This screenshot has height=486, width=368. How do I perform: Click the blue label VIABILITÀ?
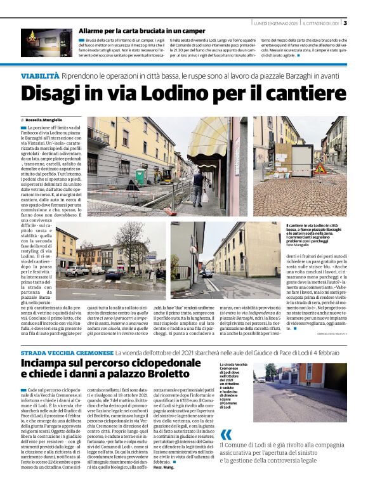coord(40,76)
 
